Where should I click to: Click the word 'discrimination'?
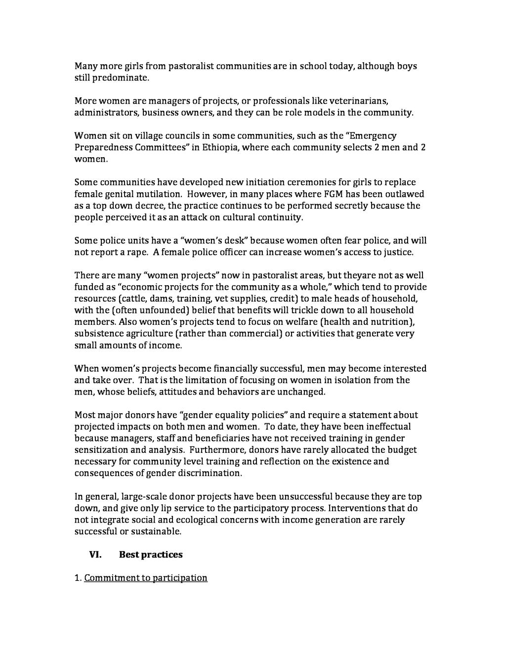211,473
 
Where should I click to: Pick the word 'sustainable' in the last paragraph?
156,531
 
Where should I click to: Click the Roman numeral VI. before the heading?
95,555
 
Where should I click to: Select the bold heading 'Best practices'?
151,555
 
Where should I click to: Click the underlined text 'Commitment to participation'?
146,578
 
